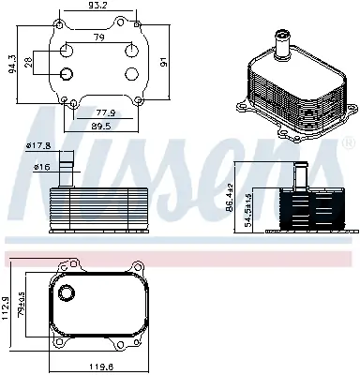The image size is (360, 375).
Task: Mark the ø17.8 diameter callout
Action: (37, 145)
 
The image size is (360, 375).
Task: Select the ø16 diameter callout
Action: (40, 167)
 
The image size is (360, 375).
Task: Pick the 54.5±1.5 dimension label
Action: (247, 208)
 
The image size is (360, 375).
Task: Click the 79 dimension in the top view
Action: (97, 37)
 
